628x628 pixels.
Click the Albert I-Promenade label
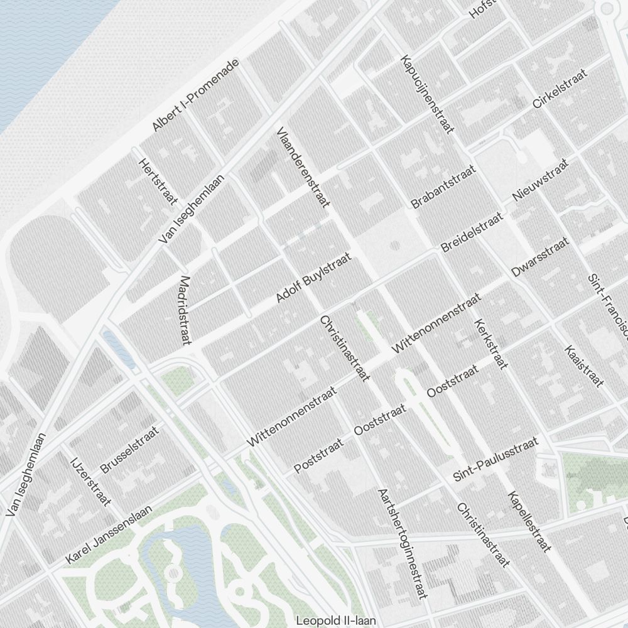pyautogui.click(x=196, y=95)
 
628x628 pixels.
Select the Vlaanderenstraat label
pyautogui.click(x=303, y=168)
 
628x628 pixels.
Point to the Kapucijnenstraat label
pyautogui.click(x=427, y=94)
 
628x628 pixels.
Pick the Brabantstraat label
pyautogui.click(x=443, y=187)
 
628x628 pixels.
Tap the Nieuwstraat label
pyautogui.click(x=540, y=180)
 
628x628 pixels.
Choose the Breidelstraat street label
pyautogui.click(x=472, y=232)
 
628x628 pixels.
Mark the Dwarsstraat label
pyautogui.click(x=540, y=257)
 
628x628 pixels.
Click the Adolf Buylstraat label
pyautogui.click(x=313, y=278)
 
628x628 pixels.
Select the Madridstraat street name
pyautogui.click(x=185, y=310)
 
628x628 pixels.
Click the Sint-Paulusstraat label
pyautogui.click(x=496, y=460)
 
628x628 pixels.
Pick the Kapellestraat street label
pyautogui.click(x=529, y=521)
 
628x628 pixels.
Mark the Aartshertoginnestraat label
pyautogui.click(x=403, y=543)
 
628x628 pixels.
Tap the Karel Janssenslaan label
pyautogui.click(x=109, y=535)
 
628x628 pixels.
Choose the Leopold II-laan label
pyautogui.click(x=336, y=620)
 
